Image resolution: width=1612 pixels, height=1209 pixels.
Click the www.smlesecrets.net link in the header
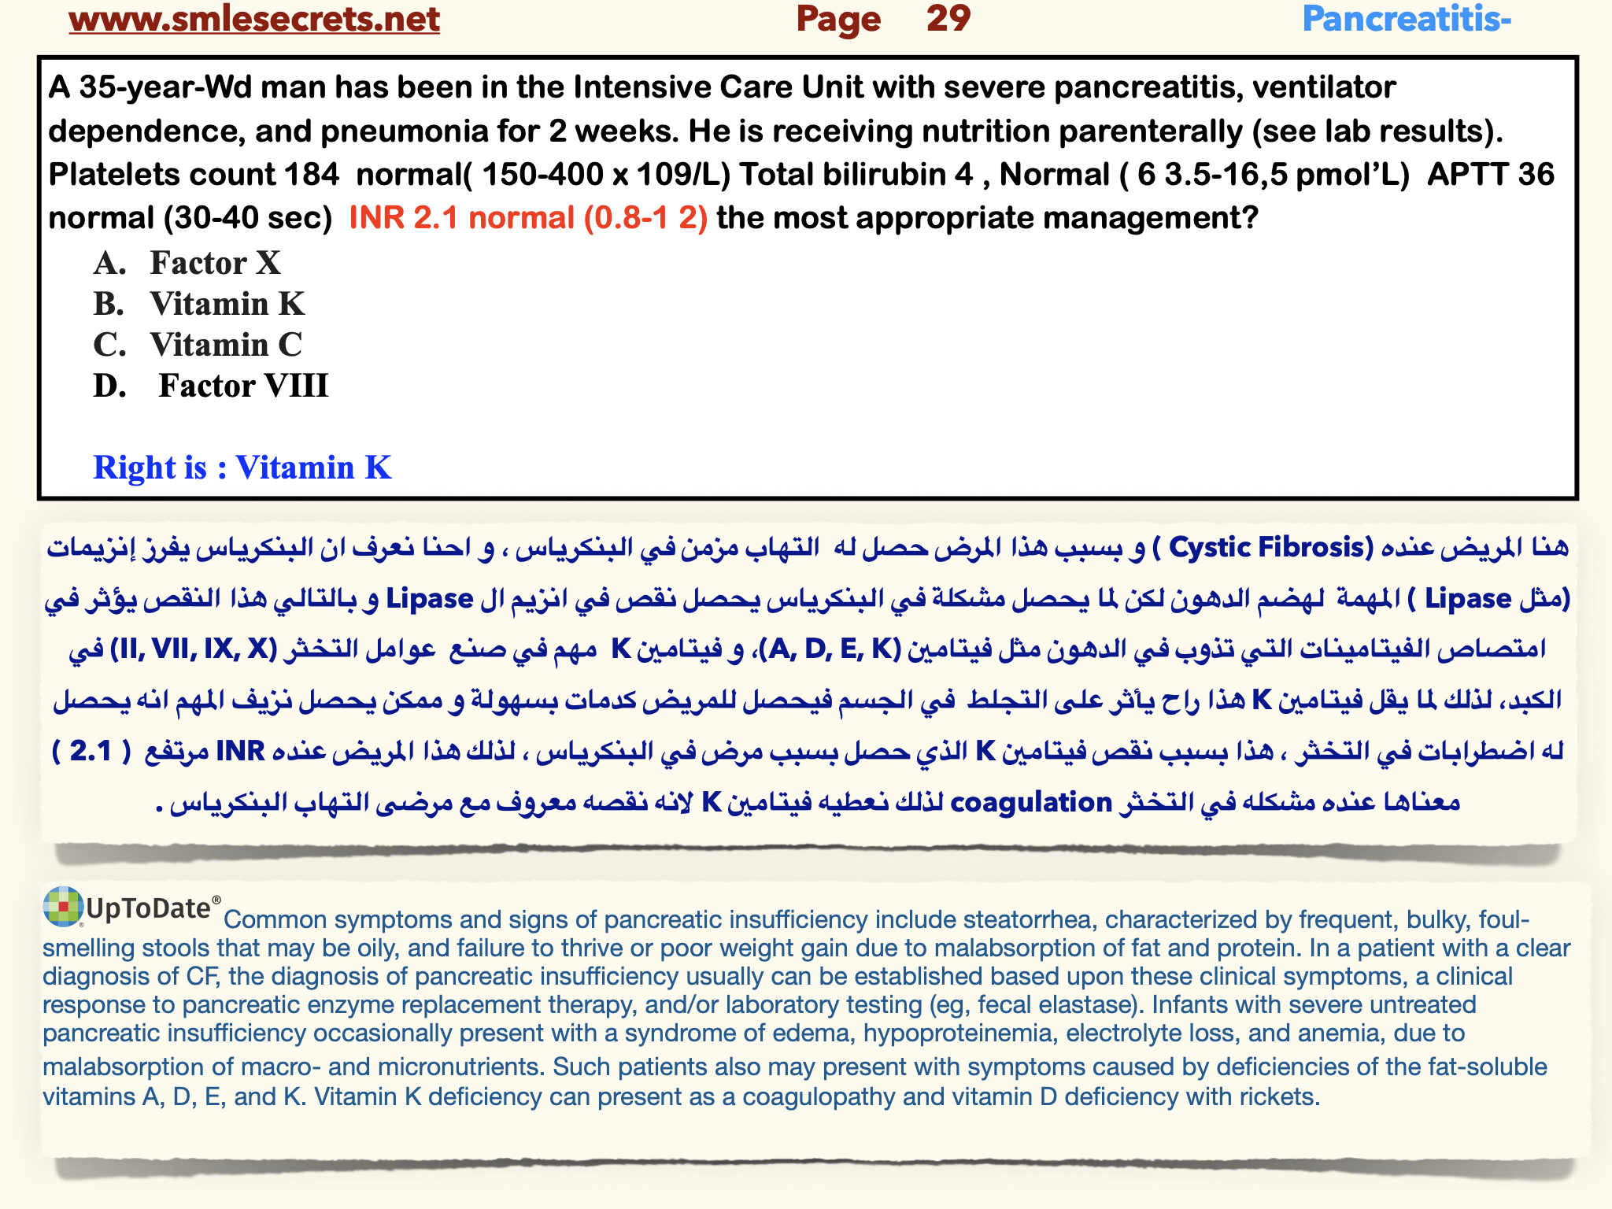[x=254, y=19]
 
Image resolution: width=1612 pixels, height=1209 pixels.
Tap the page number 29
[x=948, y=19]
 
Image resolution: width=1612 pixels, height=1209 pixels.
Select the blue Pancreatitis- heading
[x=1407, y=19]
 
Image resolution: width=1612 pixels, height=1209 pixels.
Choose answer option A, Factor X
[x=214, y=263]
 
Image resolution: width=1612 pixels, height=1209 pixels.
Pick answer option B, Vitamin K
[x=227, y=304]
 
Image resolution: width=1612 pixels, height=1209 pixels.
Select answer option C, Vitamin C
[x=225, y=345]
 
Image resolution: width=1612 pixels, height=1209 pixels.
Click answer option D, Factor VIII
[x=242, y=386]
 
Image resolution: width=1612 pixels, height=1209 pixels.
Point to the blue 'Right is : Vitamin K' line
[x=242, y=468]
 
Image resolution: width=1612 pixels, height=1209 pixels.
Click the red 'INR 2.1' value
[x=403, y=218]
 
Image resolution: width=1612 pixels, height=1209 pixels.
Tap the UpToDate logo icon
[x=63, y=906]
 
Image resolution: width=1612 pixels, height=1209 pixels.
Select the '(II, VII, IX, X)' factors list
[x=194, y=649]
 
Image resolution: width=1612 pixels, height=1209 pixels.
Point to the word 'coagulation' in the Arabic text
[x=1031, y=803]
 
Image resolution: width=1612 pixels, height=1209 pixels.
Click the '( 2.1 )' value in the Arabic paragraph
[x=91, y=752]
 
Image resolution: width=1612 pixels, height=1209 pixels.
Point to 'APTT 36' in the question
[x=1491, y=175]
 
